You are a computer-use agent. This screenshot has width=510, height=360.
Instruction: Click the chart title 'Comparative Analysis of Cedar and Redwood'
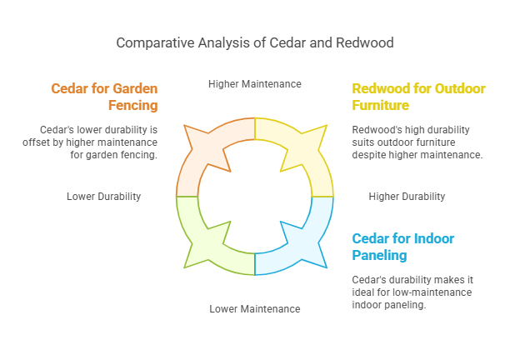pos(254,42)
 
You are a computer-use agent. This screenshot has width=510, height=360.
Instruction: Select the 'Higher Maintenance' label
pos(254,84)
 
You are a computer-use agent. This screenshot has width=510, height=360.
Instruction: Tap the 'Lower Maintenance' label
pos(254,309)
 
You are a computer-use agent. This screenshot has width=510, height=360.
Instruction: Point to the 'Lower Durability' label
pos(103,197)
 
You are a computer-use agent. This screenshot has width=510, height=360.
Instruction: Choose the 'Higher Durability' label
pos(407,197)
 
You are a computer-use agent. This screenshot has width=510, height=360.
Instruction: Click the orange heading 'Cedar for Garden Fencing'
pos(104,97)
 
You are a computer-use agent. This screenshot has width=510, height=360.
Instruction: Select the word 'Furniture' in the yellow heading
pos(381,106)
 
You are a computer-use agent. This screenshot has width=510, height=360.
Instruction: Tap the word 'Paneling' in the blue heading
pos(380,255)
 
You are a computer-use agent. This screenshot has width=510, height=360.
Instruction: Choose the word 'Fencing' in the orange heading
pos(133,106)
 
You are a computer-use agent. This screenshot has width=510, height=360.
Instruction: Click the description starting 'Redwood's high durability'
pos(417,142)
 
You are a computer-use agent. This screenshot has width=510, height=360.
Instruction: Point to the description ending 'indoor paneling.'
pos(412,292)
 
